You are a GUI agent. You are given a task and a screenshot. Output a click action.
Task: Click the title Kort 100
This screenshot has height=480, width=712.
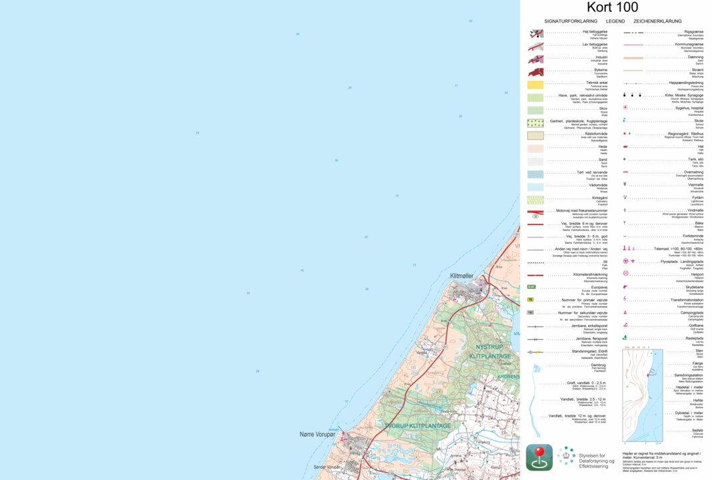612,8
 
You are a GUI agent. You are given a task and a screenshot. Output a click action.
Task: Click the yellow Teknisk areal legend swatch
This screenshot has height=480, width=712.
535,85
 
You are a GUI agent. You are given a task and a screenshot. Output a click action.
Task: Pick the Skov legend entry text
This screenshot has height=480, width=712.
603,108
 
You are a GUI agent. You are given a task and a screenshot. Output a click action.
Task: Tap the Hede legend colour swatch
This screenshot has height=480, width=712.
535,148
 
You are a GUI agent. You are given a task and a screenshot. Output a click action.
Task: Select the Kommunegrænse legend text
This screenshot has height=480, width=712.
689,44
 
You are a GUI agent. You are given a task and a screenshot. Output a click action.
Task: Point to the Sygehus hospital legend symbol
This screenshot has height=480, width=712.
625,107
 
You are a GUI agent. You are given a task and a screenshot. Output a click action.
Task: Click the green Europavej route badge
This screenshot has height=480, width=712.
532,286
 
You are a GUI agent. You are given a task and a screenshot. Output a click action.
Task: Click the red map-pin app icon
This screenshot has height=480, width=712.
539,457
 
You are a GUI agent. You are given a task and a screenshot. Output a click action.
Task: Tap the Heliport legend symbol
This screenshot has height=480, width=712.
625,274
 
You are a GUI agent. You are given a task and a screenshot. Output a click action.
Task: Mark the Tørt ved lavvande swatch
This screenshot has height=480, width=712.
535,174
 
